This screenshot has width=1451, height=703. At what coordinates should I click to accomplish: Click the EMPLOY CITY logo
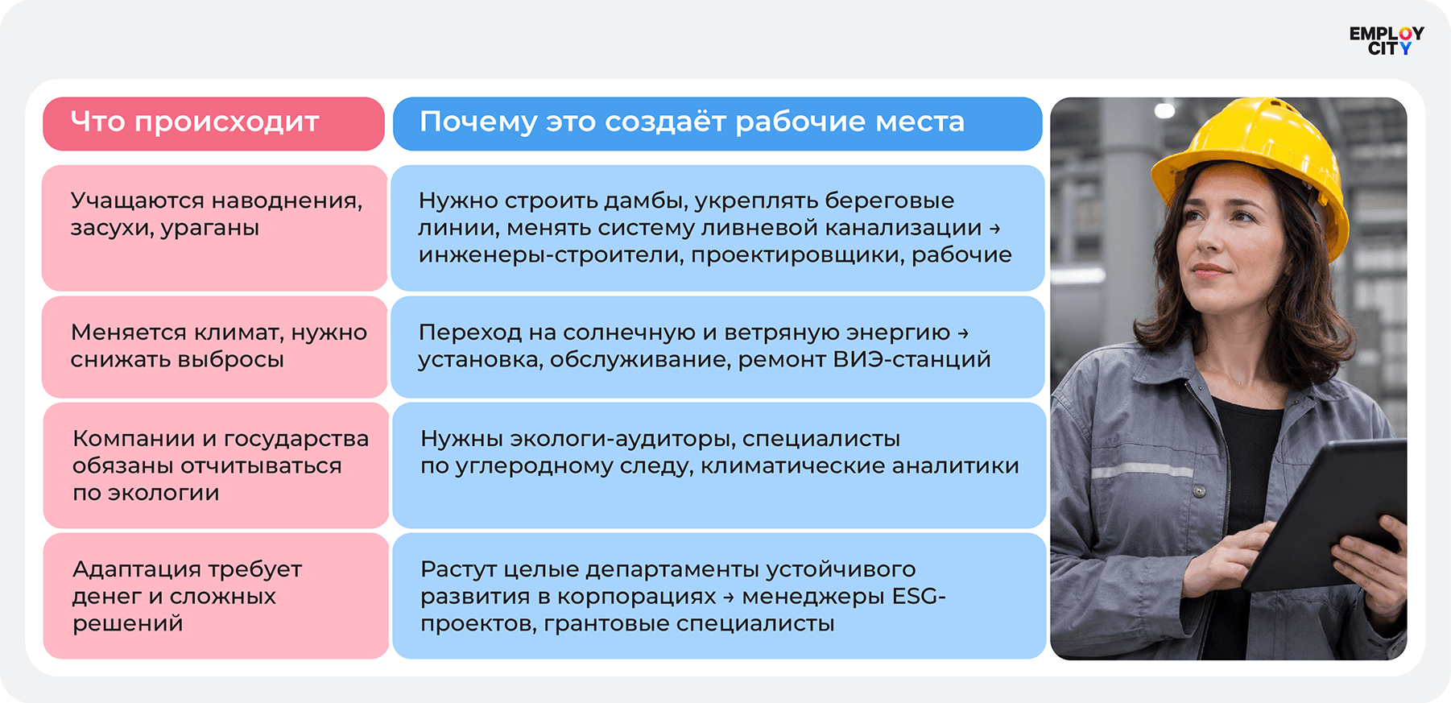1387,41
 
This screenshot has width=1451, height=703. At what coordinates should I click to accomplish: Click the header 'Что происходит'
195,122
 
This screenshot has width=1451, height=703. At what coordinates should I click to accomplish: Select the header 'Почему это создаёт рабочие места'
692,122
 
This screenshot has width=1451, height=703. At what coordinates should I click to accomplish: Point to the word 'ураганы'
210,229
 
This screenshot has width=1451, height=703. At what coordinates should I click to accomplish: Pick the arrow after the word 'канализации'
994,229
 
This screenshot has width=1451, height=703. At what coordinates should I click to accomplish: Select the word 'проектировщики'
797,255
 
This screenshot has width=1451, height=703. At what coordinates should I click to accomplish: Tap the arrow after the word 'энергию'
963,333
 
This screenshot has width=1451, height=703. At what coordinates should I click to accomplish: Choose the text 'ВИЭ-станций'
912,359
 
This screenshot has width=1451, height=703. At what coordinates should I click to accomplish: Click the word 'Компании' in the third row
134,439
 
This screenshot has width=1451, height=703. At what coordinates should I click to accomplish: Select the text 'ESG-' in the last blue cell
919,596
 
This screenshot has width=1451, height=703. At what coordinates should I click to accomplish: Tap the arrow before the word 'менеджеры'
729,597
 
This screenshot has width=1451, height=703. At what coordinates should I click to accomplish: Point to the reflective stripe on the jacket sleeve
1141,470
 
